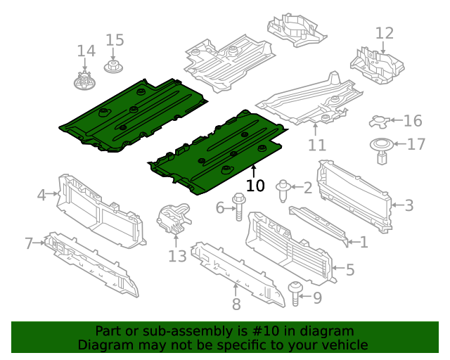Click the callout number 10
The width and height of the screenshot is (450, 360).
(x=255, y=186)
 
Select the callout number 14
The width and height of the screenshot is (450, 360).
(x=86, y=51)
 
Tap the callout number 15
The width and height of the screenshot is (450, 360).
(x=115, y=40)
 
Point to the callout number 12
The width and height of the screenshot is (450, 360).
(x=385, y=33)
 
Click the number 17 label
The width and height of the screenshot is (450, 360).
(x=416, y=145)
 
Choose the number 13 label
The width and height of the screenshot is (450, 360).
(x=177, y=257)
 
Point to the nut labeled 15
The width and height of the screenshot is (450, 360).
(x=112, y=67)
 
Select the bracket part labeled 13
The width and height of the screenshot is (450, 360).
(x=173, y=217)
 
